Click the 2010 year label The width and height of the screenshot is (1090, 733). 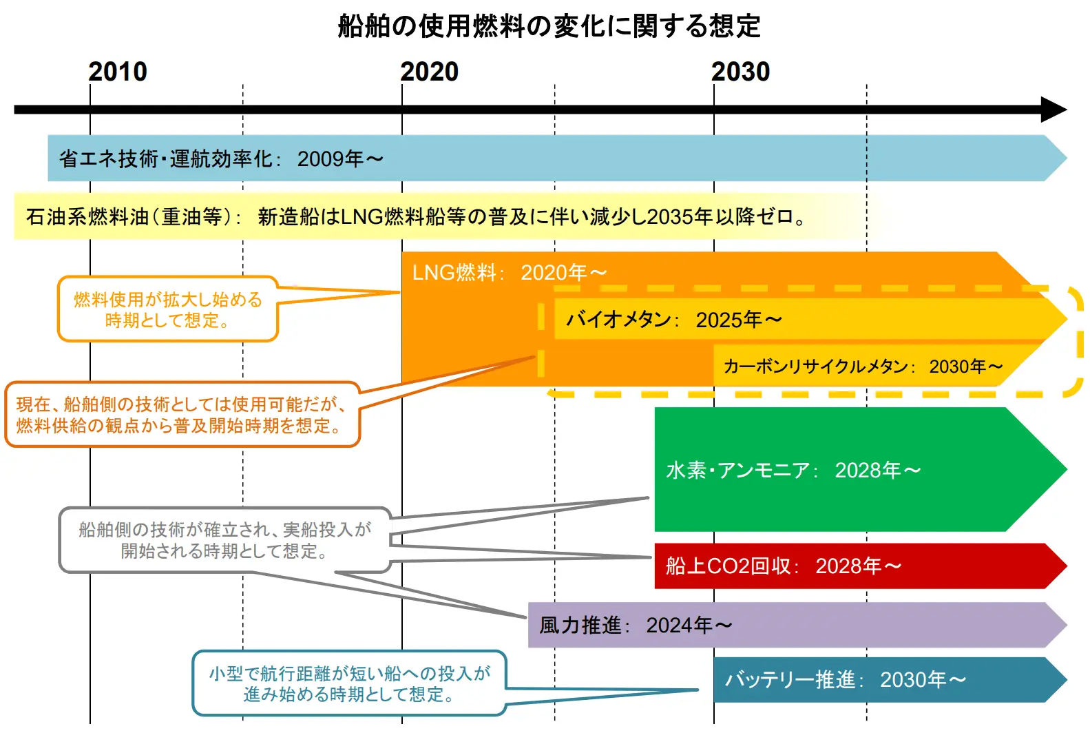tap(118, 72)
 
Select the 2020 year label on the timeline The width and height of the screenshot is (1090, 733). tap(429, 72)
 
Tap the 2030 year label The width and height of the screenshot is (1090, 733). tap(741, 72)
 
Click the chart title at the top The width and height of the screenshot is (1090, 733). tap(549, 25)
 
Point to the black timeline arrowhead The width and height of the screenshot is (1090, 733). tap(1054, 110)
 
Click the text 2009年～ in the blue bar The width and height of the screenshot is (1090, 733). tap(340, 159)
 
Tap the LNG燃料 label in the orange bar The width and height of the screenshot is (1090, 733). tap(454, 273)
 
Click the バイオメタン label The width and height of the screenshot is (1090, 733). tap(618, 320)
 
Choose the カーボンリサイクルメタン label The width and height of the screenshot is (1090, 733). tap(816, 366)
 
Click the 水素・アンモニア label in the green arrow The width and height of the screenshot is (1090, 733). tap(737, 471)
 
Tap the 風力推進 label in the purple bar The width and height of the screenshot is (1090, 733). tap(580, 626)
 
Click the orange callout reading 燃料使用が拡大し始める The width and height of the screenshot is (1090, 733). tap(168, 309)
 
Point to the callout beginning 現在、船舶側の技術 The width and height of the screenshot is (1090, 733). tap(182, 414)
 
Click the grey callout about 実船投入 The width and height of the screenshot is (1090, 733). tap(224, 540)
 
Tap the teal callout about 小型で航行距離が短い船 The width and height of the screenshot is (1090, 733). tap(349, 683)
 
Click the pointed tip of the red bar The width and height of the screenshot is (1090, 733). tap(1067, 566)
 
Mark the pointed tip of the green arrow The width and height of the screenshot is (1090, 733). tap(1067, 469)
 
